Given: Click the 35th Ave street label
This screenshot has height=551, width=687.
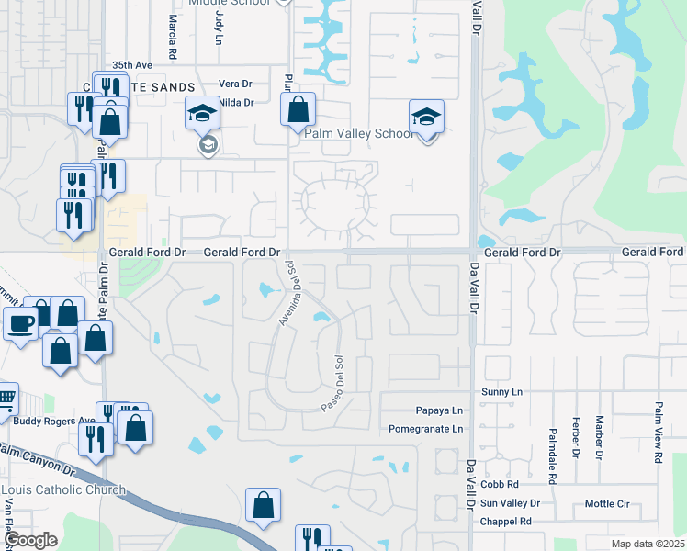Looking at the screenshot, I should (132, 66).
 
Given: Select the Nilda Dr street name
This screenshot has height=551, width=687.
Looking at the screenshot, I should (236, 102).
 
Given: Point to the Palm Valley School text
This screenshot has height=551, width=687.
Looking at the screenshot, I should (359, 134).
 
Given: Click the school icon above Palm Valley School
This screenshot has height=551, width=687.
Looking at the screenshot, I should (426, 118).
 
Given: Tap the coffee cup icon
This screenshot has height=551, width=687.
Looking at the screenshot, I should (21, 323).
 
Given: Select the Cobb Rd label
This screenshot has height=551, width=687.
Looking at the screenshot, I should (500, 484).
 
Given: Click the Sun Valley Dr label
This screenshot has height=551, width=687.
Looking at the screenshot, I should (510, 503).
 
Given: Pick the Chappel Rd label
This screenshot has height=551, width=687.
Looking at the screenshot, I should (506, 522).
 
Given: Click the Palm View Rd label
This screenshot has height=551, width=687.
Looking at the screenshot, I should (659, 431).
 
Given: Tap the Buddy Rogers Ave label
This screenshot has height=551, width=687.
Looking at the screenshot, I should (53, 422).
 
